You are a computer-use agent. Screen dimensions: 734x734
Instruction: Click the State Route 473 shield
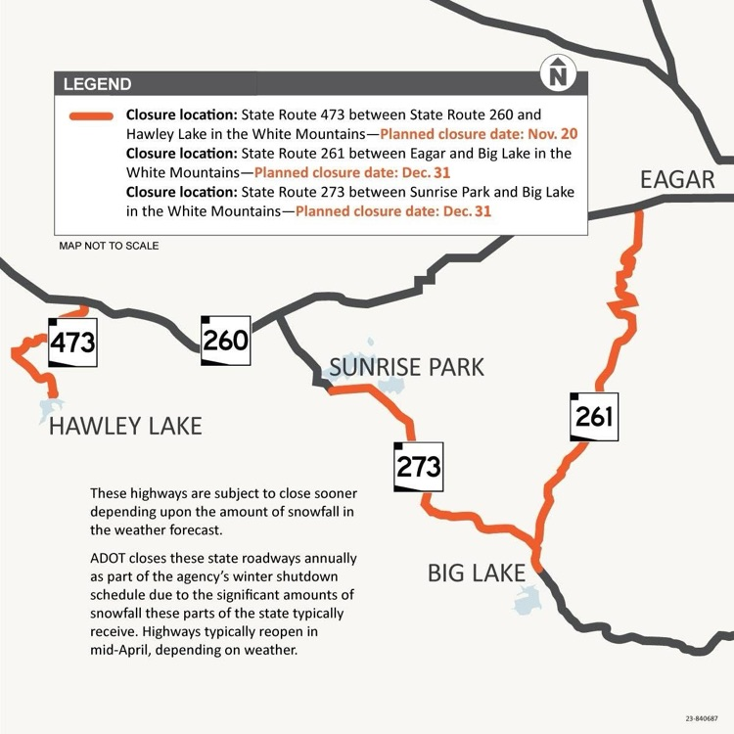click(x=72, y=342)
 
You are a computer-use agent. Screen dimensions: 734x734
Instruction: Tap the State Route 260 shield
click(x=225, y=340)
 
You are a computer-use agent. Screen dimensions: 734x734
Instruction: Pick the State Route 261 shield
click(x=594, y=416)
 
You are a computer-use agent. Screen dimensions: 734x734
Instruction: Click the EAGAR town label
click(x=677, y=179)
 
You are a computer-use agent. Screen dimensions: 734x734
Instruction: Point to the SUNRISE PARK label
click(x=406, y=367)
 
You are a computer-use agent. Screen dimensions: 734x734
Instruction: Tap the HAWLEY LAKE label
click(x=125, y=426)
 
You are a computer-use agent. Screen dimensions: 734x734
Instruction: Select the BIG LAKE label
click(x=477, y=573)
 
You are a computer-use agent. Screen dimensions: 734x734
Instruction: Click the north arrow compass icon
click(x=559, y=72)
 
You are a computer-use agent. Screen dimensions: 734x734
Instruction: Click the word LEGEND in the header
click(x=97, y=84)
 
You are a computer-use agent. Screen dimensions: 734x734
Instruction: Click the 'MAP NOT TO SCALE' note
click(x=109, y=246)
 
